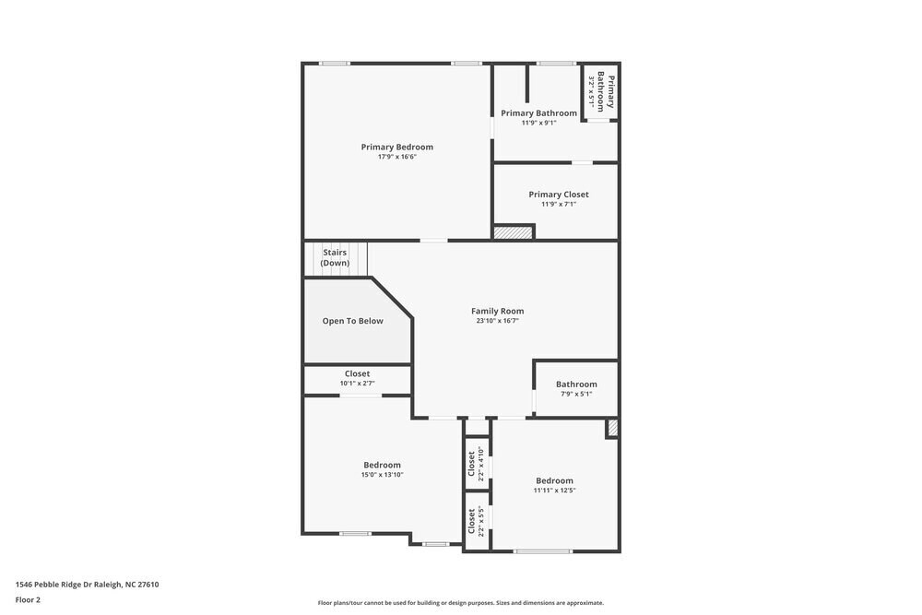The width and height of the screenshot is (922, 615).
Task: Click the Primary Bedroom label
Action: (396, 147)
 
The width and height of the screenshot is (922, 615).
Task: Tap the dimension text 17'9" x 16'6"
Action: (396, 157)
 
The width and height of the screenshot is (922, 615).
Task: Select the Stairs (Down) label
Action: (336, 257)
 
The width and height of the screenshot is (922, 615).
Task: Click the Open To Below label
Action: (352, 321)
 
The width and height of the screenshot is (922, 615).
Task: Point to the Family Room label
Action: (497, 311)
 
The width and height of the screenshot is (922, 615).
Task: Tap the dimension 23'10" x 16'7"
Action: (497, 321)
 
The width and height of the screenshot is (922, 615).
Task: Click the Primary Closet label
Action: (558, 195)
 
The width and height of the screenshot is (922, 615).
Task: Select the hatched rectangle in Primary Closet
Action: (514, 232)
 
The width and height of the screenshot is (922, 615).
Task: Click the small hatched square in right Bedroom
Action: (611, 428)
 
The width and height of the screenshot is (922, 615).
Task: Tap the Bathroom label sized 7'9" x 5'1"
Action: (576, 384)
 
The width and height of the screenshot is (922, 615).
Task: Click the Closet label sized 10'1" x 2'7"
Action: (357, 373)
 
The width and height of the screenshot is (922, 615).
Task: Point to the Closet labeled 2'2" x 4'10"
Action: (472, 465)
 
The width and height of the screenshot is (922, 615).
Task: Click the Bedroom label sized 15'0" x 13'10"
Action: (382, 465)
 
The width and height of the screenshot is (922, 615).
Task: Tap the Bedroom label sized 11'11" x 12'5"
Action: (554, 480)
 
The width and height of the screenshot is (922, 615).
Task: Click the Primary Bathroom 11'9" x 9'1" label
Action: (538, 113)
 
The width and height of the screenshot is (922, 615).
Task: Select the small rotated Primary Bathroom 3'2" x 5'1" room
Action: (600, 91)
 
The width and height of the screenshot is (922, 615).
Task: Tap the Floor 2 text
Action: (28, 599)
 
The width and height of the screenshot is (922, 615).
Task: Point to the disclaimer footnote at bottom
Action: (460, 602)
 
